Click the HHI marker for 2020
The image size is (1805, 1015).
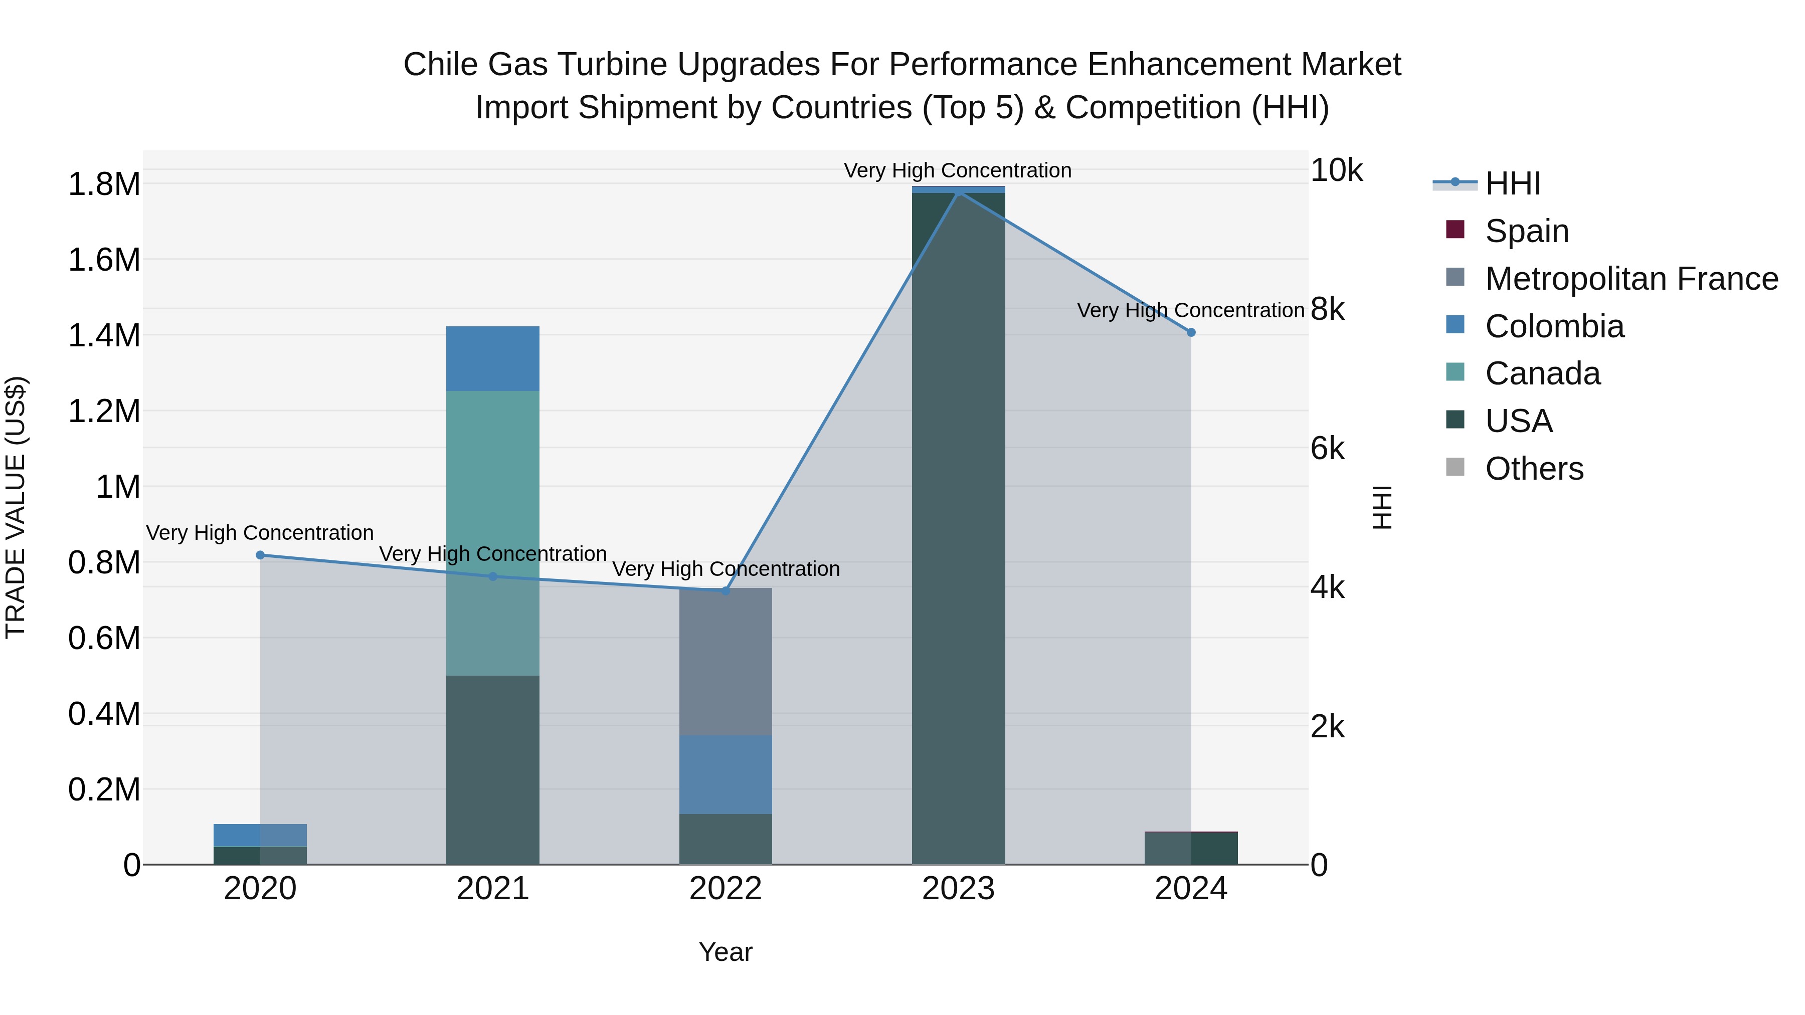pos(260,555)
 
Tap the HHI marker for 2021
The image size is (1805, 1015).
pos(492,576)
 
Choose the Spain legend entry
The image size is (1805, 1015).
pos(1526,231)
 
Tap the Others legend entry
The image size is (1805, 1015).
pos(1534,469)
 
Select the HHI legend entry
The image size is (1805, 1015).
pos(1512,183)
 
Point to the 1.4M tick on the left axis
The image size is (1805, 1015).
pos(104,335)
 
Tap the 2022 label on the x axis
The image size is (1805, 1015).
pos(725,889)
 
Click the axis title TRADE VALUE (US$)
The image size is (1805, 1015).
pos(16,507)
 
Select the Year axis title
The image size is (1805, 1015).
pos(725,952)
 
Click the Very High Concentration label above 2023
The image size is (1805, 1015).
pos(957,170)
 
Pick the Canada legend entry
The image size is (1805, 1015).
pos(1542,373)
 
